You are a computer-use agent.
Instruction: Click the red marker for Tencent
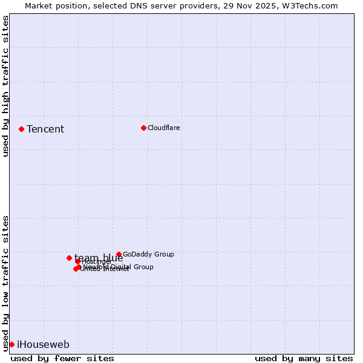(x=21, y=129)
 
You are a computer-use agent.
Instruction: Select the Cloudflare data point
(x=143, y=128)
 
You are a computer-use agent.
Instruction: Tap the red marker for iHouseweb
(x=11, y=344)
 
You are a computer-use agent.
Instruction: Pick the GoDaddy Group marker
(x=119, y=255)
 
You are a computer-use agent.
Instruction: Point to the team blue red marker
(x=69, y=258)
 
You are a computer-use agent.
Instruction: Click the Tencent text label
(x=45, y=129)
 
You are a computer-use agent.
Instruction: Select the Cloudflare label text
(x=164, y=128)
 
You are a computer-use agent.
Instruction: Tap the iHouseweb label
(x=43, y=345)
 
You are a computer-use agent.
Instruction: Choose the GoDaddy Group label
(x=148, y=255)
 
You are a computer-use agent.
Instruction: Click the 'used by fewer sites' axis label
(x=62, y=358)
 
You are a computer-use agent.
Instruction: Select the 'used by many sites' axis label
(x=304, y=358)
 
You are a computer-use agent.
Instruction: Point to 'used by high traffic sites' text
(x=6, y=86)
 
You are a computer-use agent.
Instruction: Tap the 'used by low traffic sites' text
(x=6, y=283)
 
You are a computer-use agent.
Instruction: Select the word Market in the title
(x=39, y=5)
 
